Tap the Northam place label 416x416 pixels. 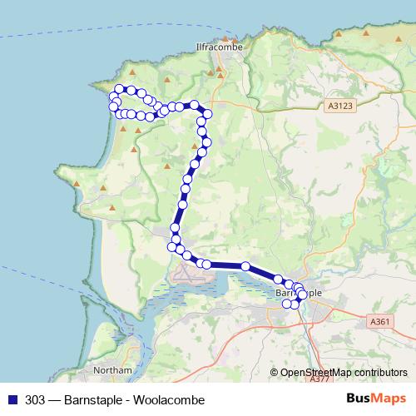(x=112, y=370)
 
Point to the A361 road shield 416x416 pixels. (x=379, y=321)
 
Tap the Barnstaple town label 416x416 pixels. (x=297, y=294)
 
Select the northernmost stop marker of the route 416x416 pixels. (x=119, y=89)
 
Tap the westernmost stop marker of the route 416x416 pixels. (x=112, y=105)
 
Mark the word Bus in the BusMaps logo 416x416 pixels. (x=360, y=399)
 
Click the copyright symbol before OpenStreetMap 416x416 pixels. (x=275, y=374)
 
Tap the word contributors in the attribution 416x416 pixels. (x=380, y=374)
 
